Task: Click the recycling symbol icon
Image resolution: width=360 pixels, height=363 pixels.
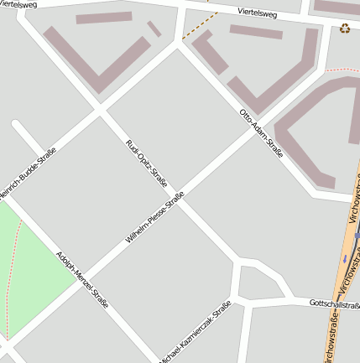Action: tap(345, 29)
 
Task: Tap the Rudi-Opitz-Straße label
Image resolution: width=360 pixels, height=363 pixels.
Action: tap(147, 163)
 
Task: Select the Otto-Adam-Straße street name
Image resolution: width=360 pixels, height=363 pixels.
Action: tap(261, 132)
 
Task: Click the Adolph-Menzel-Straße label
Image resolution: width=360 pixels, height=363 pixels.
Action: tap(82, 279)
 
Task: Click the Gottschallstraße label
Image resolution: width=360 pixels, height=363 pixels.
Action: tap(334, 303)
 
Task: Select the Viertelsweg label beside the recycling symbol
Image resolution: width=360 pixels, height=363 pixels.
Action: tap(257, 13)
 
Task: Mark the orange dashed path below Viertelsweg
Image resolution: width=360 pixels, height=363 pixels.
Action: tap(200, 25)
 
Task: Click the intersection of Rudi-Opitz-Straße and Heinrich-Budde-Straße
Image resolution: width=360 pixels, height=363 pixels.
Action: tap(100, 111)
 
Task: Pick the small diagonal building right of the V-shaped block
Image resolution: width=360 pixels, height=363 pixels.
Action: tap(154, 29)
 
